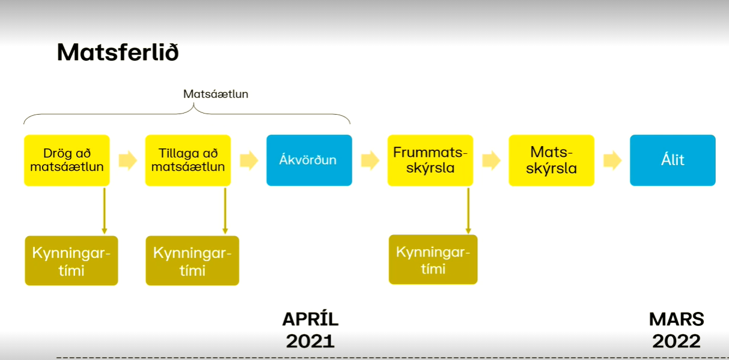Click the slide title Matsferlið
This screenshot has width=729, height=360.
(118, 52)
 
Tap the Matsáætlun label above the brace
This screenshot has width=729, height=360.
(216, 94)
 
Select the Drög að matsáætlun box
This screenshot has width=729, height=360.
(67, 160)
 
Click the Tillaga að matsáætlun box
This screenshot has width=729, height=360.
(188, 160)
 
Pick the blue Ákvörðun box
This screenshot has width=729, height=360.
(309, 160)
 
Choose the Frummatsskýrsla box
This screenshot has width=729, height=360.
(430, 160)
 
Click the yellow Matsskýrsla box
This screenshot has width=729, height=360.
(552, 160)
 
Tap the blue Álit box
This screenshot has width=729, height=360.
(673, 160)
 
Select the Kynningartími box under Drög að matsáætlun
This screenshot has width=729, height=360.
(72, 261)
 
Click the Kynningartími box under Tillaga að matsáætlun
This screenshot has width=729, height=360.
(192, 261)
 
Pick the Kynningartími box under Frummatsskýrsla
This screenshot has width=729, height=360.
(433, 260)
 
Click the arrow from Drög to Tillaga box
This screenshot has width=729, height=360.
(127, 160)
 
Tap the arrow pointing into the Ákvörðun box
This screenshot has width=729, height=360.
(249, 160)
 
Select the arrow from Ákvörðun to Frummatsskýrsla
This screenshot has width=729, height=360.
(370, 160)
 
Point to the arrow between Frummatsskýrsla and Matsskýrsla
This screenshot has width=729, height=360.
(491, 160)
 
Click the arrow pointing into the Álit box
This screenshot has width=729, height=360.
(612, 160)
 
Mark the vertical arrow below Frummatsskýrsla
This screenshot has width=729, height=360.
(468, 210)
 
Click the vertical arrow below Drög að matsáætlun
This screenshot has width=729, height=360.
(105, 210)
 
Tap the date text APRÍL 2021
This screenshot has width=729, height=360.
(311, 330)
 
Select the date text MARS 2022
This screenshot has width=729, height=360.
(677, 330)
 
